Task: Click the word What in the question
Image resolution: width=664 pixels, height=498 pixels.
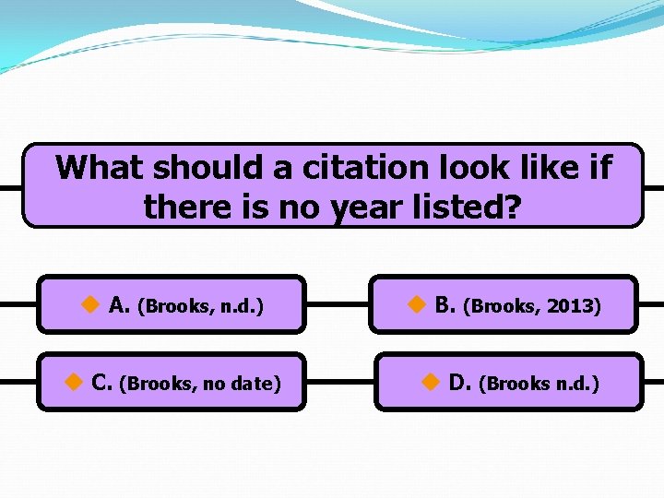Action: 100,168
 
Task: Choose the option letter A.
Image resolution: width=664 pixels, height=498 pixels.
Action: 118,305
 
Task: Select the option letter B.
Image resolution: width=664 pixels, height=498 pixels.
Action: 444,305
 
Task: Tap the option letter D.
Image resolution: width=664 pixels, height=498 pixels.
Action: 459,383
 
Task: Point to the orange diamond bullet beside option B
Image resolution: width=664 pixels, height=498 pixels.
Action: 415,304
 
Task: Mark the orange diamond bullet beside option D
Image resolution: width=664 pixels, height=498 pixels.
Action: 430,382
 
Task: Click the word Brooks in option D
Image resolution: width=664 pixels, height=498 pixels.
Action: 519,384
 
